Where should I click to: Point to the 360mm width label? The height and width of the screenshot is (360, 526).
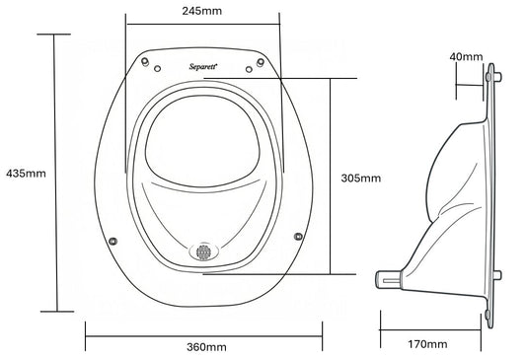pyautogui.click(x=204, y=348)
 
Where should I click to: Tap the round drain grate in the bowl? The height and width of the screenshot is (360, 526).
pyautogui.click(x=203, y=251)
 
